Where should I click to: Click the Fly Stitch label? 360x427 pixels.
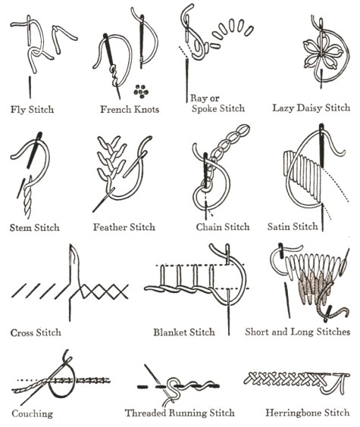click(x=32, y=110)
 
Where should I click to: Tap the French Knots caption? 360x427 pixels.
click(x=130, y=109)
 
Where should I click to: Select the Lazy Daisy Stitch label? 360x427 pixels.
click(x=311, y=108)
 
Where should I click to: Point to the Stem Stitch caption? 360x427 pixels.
click(x=35, y=227)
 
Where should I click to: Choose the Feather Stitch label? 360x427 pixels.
click(x=124, y=227)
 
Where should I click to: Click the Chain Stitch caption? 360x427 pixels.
click(x=223, y=226)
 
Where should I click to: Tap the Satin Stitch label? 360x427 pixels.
click(x=293, y=226)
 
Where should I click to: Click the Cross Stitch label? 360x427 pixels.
click(x=36, y=332)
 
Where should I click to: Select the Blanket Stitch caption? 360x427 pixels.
click(x=184, y=332)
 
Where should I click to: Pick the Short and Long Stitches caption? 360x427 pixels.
click(x=298, y=332)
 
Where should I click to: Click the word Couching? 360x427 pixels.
click(x=32, y=413)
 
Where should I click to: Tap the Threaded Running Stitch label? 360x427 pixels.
click(x=180, y=413)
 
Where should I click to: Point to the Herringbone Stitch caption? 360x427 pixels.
click(x=308, y=413)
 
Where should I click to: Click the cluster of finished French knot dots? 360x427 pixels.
click(x=141, y=91)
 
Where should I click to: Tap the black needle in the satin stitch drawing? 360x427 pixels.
click(x=321, y=145)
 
